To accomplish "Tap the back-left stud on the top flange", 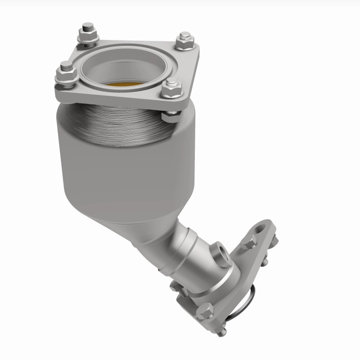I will click(85, 32).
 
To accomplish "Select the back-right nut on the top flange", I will click(184, 41).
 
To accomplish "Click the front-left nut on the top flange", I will click(66, 76).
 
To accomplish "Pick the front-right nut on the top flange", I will click(171, 90).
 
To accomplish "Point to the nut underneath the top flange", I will click(171, 117).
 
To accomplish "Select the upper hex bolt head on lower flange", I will click(248, 243).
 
